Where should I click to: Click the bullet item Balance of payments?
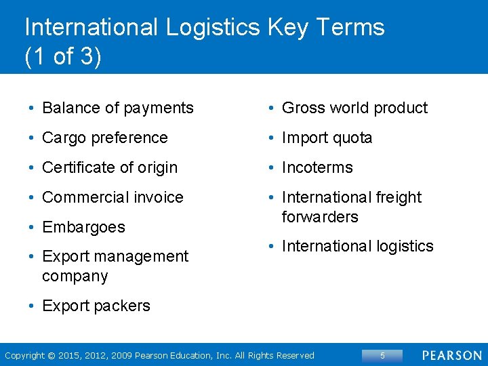(117, 108)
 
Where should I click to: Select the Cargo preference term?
(104, 138)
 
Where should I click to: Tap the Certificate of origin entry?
(109, 167)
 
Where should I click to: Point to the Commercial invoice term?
(113, 197)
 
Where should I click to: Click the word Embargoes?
(83, 227)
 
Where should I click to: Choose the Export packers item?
(96, 306)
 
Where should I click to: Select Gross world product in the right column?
(354, 108)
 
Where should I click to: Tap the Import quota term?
(327, 138)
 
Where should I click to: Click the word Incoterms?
(317, 167)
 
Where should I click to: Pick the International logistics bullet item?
(357, 246)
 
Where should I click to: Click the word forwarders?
(320, 217)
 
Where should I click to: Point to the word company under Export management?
(75, 277)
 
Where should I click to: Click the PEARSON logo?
(452, 356)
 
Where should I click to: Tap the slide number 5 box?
(382, 356)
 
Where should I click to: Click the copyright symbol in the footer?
(52, 356)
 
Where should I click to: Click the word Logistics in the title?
(211, 28)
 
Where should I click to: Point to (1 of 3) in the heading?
(63, 56)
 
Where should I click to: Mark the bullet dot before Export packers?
(32, 306)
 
